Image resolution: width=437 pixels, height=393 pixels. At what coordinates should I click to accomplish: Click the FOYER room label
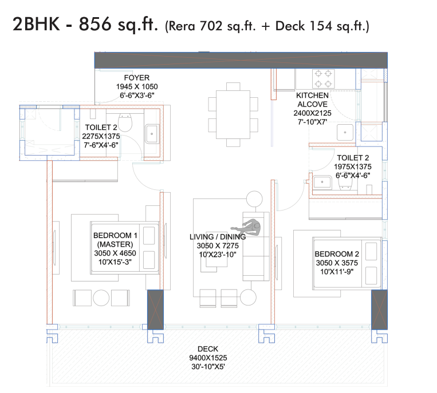click(x=136, y=78)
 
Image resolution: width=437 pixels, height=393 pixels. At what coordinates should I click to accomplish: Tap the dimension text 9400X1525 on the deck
click(x=208, y=358)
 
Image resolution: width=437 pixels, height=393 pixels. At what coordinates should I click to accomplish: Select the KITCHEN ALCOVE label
click(x=312, y=100)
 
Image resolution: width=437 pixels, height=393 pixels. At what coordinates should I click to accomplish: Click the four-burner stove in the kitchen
click(x=323, y=79)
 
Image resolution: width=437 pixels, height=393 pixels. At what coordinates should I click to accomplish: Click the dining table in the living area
click(x=233, y=114)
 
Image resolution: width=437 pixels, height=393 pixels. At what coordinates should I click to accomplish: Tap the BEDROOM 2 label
click(x=337, y=254)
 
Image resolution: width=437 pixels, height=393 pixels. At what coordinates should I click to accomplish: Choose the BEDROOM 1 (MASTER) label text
click(x=115, y=240)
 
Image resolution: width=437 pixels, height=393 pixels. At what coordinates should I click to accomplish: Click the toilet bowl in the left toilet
click(x=125, y=122)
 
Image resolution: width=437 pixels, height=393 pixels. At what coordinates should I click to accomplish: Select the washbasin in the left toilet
click(x=152, y=134)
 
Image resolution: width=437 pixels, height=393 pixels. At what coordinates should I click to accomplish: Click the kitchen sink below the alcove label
click(x=345, y=133)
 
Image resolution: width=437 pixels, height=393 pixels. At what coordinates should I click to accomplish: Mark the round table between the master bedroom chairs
click(x=101, y=298)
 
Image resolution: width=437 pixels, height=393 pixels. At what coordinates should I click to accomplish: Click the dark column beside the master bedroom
click(x=155, y=309)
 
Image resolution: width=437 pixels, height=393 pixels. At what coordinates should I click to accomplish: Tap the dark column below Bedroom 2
click(x=379, y=309)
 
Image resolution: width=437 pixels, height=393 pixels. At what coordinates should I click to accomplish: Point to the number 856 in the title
click(x=95, y=24)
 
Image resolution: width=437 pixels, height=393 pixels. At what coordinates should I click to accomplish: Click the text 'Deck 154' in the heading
click(x=304, y=26)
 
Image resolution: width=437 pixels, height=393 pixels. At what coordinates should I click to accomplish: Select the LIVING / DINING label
click(x=218, y=237)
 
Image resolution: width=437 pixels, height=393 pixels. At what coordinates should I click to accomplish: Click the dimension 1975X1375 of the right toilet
click(x=353, y=166)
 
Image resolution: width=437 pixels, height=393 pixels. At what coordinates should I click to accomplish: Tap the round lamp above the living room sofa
click(x=254, y=199)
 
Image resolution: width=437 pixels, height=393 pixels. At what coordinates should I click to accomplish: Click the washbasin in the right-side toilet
click(x=322, y=182)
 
